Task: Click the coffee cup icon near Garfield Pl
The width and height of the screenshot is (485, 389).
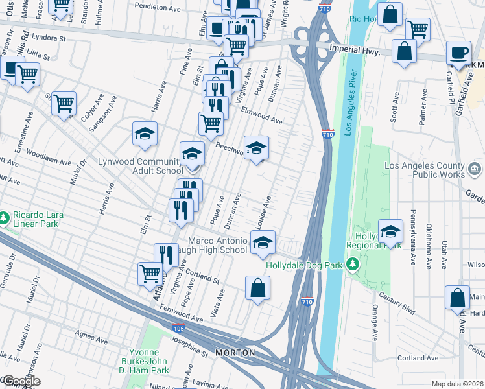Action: coord(459,53)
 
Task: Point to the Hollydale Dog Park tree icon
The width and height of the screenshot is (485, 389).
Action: coord(352,264)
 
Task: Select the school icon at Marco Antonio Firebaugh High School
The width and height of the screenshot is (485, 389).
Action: coord(263,244)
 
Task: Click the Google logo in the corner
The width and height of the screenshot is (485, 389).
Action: coord(21,381)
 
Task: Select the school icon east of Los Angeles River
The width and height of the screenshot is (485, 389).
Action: coord(390,232)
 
